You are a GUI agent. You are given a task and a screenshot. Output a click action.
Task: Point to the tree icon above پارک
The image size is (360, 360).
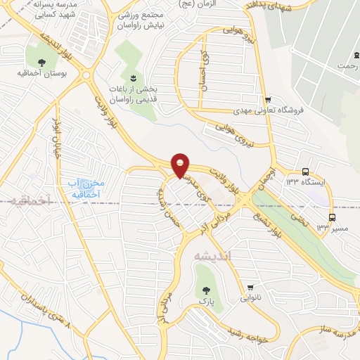tap(205, 289)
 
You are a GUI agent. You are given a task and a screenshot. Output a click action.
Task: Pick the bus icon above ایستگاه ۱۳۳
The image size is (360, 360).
tap(305, 172)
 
